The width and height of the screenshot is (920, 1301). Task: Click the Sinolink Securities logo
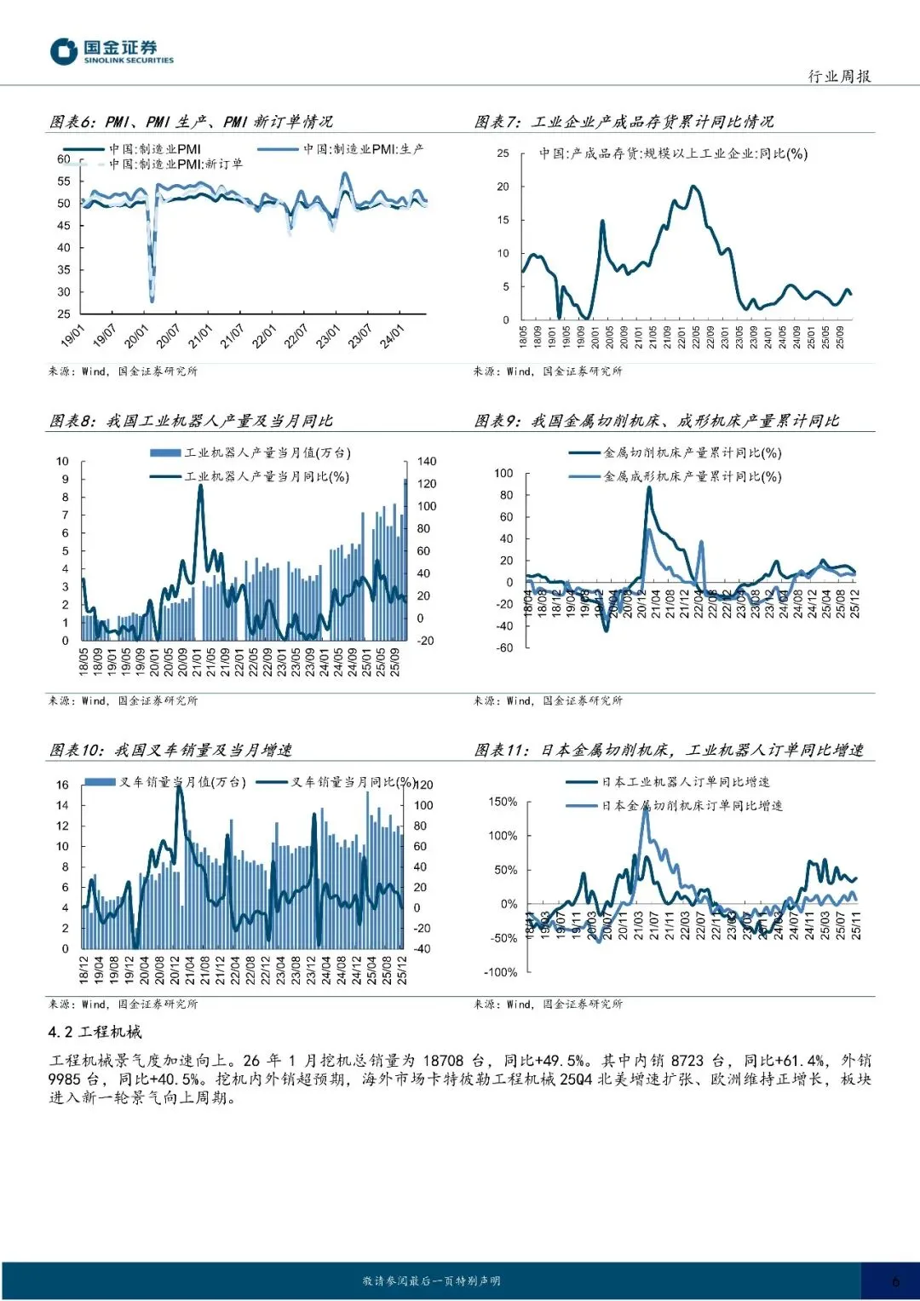coord(111,51)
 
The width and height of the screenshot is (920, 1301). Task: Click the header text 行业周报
coord(839,77)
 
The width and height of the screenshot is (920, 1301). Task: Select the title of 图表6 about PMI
coord(191,122)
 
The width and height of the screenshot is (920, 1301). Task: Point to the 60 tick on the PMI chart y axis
coord(64,159)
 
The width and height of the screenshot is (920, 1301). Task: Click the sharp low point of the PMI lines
coord(152,300)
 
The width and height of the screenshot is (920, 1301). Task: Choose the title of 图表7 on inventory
coord(624,122)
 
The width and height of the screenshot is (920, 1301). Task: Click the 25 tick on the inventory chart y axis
coord(503,153)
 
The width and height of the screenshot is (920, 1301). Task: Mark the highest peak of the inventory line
coord(694,187)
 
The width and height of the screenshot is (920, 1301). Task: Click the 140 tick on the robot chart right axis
coord(427,461)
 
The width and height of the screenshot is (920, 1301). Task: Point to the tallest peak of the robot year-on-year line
coord(201,486)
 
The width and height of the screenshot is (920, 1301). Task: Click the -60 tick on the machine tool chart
coord(505,648)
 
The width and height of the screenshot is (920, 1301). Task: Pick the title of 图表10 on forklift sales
coord(170,750)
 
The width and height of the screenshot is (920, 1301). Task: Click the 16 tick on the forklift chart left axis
coord(62,785)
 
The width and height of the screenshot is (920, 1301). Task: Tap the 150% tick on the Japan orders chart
coord(503,802)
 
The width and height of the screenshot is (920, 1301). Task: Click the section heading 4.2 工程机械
coord(95,1032)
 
